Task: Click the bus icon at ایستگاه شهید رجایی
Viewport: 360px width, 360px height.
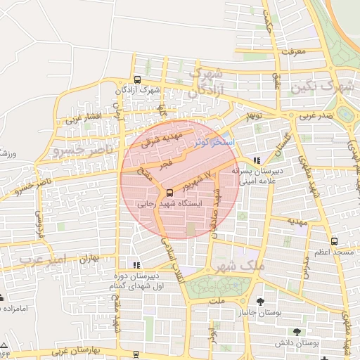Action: click(169, 193)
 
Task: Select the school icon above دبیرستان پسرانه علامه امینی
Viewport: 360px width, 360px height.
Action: click(264, 160)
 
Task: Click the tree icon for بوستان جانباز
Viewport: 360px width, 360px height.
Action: click(260, 302)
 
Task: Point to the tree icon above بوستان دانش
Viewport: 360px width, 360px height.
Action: click(297, 331)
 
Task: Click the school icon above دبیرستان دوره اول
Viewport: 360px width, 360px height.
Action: click(136, 265)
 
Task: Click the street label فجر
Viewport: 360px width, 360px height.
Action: click(165, 164)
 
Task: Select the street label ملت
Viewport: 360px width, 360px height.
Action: click(214, 300)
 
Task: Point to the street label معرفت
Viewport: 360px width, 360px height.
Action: click(293, 51)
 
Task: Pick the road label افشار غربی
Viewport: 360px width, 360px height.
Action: click(84, 117)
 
